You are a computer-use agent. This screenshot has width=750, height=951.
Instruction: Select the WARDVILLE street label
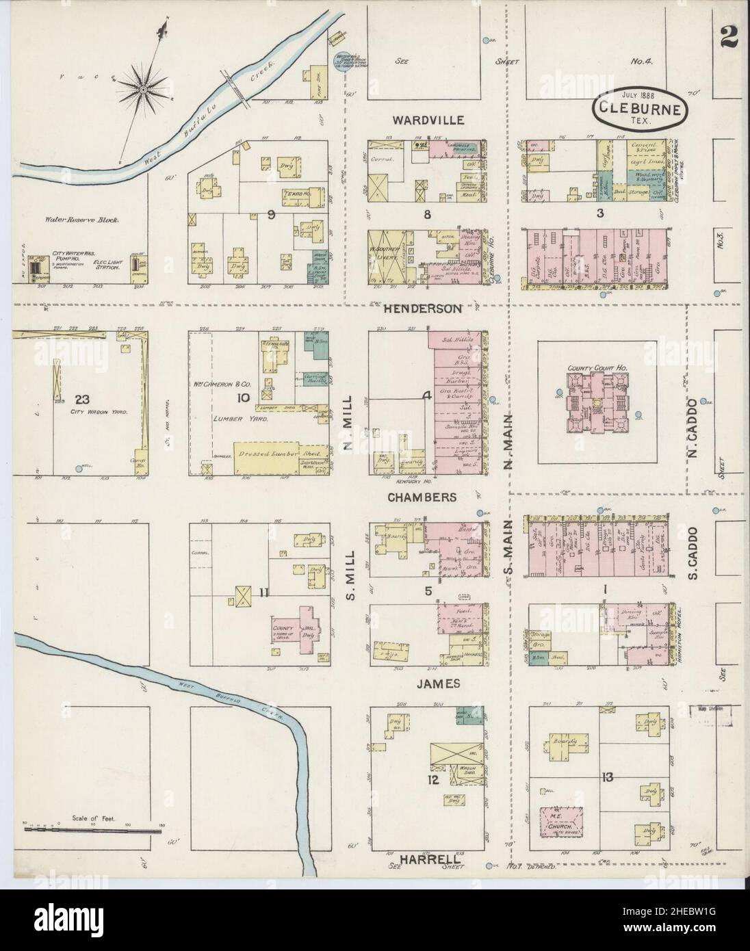pyautogui.click(x=428, y=120)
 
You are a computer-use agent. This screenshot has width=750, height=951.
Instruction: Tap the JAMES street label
pyautogui.click(x=428, y=683)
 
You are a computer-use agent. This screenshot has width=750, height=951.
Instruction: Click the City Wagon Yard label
pyautogui.click(x=95, y=413)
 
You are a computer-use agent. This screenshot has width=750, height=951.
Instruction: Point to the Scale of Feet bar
pyautogui.click(x=94, y=830)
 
